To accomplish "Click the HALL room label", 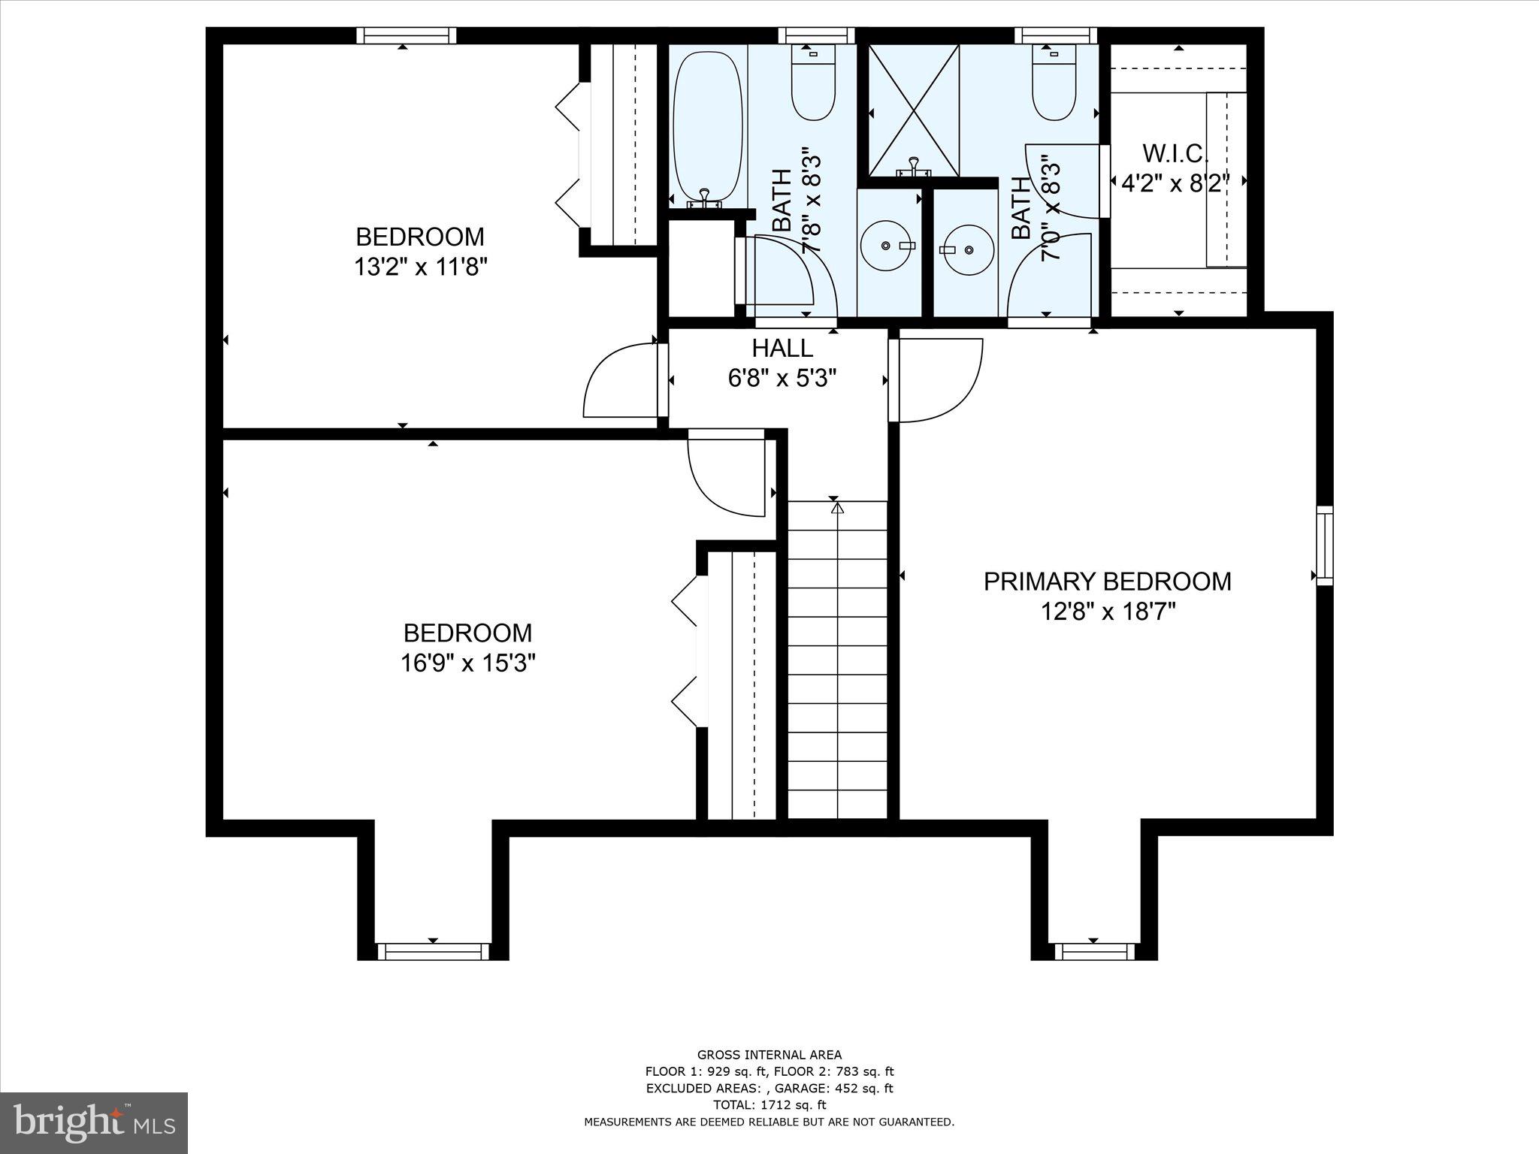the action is click(x=782, y=348).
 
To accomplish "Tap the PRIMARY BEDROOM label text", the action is click(x=1108, y=582).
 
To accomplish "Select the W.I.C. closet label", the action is click(x=1175, y=153).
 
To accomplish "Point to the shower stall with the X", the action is click(x=914, y=110).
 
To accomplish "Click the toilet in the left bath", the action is click(x=813, y=82).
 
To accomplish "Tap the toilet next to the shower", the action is click(x=1054, y=82).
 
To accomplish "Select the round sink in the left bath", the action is click(x=890, y=246).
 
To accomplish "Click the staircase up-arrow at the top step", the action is click(x=837, y=508).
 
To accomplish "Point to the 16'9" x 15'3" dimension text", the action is click(x=468, y=663).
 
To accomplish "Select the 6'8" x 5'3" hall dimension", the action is click(x=782, y=377).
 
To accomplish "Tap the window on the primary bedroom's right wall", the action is click(x=1325, y=545).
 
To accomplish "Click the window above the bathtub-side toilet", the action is click(x=816, y=35).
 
